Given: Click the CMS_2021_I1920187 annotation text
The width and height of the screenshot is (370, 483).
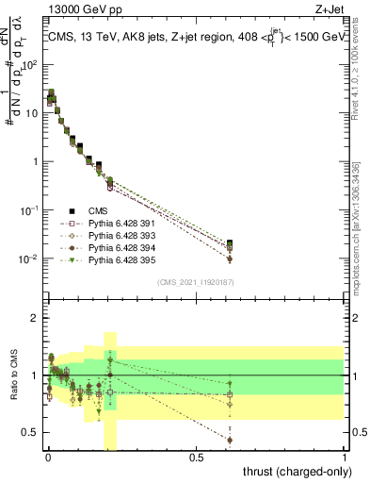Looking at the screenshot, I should (194, 282).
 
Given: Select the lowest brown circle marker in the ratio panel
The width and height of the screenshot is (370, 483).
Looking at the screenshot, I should (230, 440).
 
